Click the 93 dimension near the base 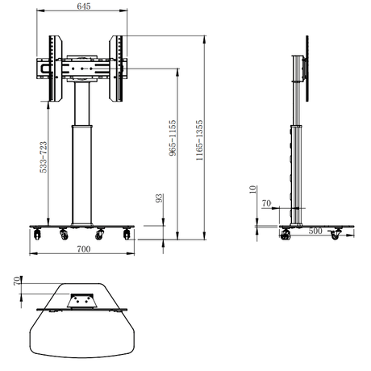[160, 198]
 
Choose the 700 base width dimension [83, 250]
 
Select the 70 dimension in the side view [267, 204]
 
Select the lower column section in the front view [80, 173]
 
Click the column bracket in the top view [81, 300]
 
